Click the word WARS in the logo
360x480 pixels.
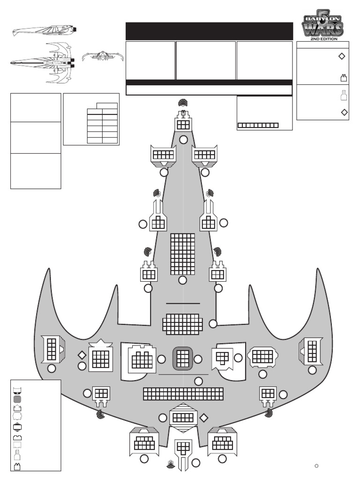coord(322,29)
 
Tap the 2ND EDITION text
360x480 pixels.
coord(323,39)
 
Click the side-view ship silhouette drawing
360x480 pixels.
coord(45,31)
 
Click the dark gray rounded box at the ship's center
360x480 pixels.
coord(183,358)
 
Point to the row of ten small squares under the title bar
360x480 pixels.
coord(258,126)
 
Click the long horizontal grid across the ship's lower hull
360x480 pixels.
coord(183,394)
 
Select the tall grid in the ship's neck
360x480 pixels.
coord(183,254)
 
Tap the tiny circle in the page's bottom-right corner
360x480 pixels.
coord(316,465)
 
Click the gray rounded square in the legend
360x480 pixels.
coord(17,399)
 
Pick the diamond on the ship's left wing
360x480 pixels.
coord(82,355)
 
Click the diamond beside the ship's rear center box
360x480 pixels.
coord(204,417)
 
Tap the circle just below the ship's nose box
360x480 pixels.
coord(184,140)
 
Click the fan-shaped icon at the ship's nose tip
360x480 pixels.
coord(183,103)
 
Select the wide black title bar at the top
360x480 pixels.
coord(209,31)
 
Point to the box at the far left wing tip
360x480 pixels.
coord(51,349)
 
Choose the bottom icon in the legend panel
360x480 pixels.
coord(17,466)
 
